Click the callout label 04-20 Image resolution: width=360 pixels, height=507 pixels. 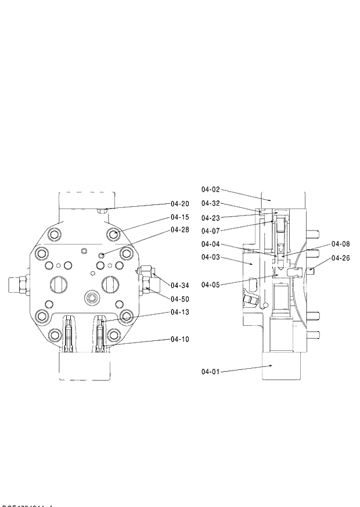180,204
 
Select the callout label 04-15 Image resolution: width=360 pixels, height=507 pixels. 180,217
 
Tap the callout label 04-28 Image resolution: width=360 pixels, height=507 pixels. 180,230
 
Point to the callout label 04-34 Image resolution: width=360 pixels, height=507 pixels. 180,285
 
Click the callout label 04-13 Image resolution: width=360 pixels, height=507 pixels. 180,312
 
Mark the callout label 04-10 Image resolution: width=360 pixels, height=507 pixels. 180,339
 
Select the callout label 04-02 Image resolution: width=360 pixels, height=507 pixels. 211,189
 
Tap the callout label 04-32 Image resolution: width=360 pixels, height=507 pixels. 211,203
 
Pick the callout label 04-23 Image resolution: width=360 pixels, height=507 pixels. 211,218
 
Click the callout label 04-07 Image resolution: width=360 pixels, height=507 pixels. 211,230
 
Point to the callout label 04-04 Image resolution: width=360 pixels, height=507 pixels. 211,244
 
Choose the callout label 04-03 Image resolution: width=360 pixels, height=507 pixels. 211,257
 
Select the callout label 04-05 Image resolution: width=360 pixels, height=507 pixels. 211,285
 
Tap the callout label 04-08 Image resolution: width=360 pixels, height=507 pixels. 341,244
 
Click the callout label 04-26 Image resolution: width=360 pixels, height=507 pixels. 341,258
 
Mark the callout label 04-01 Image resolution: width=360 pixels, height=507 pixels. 211,371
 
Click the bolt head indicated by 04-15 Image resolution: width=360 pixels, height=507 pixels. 114,235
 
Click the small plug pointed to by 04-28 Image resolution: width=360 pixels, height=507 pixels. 102,255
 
